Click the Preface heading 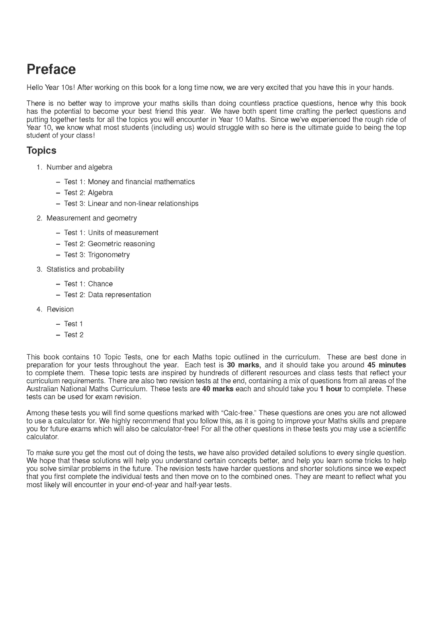coord(51,69)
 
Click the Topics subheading coord(41,151)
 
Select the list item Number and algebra coord(79,167)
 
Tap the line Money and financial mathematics coord(141,182)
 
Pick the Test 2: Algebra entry coord(88,193)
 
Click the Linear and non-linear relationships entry coord(143,204)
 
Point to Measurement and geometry coord(92,218)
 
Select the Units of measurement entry coord(123,233)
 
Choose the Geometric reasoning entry coord(121,244)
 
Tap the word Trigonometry coord(109,255)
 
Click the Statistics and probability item coord(85,269)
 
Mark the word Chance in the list coord(100,284)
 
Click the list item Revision coord(60,310)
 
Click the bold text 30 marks coord(243,365)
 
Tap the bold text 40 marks coord(218,389)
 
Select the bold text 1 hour coord(330,389)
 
